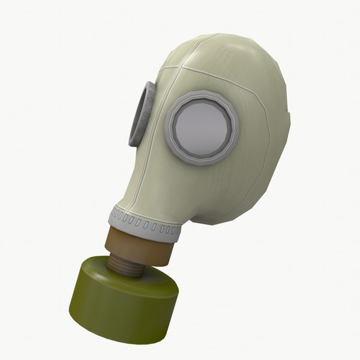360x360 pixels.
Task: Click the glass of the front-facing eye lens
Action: coord(202,128)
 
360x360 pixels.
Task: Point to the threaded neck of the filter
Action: coord(127,263)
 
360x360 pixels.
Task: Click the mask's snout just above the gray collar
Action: coord(144,198)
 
